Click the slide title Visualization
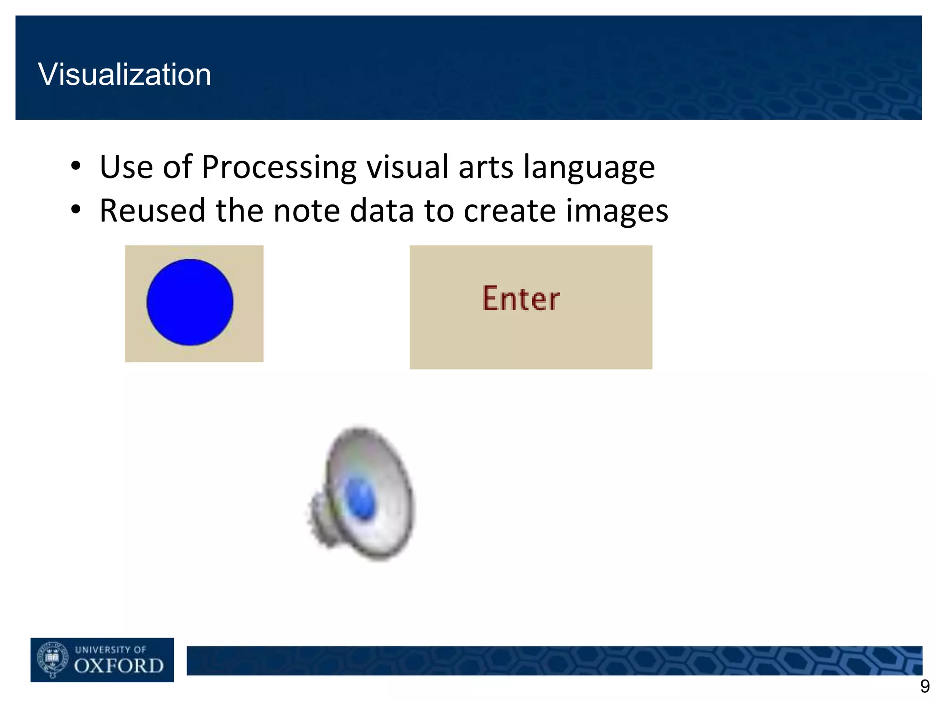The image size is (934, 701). click(125, 74)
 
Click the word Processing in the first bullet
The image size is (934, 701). click(279, 167)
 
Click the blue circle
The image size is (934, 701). click(190, 302)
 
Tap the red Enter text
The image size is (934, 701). click(521, 299)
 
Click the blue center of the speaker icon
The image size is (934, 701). click(360, 499)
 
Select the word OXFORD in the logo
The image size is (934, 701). click(119, 666)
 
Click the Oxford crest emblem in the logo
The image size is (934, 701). click(52, 659)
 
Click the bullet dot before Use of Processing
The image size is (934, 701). click(76, 167)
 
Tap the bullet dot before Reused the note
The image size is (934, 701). click(76, 210)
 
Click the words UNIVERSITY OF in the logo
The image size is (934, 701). click(110, 649)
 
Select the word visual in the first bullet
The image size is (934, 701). click(408, 167)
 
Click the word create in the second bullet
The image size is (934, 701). click(509, 211)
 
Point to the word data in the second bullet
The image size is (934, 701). click(382, 211)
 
